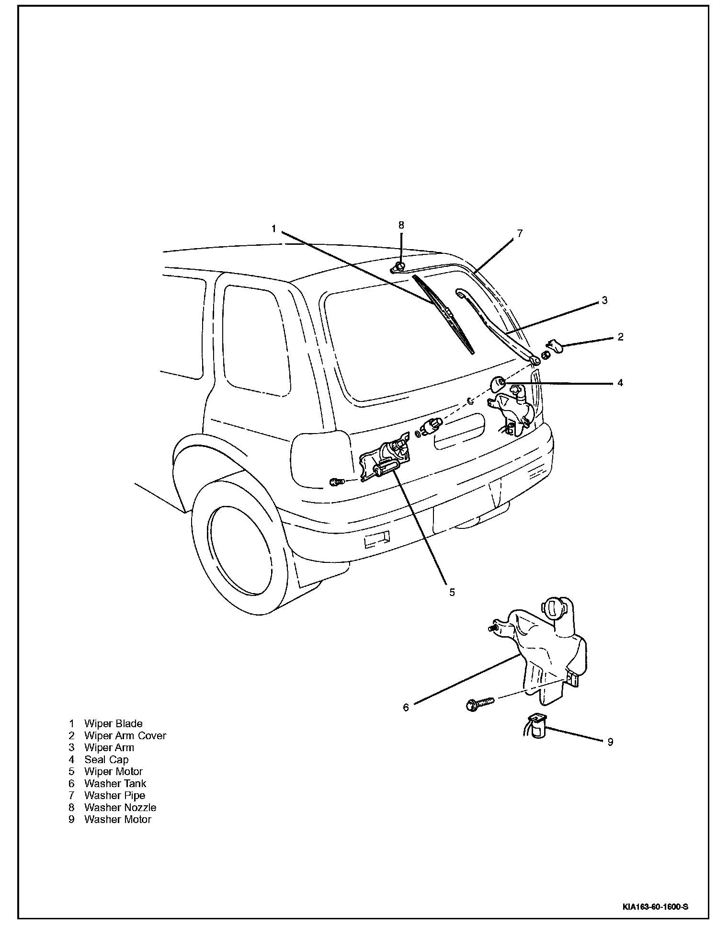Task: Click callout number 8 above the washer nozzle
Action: point(401,225)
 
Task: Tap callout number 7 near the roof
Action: point(520,233)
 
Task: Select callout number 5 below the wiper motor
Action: point(452,592)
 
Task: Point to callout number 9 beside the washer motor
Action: point(610,742)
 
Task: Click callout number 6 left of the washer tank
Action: point(406,707)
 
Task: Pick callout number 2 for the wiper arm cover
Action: point(620,336)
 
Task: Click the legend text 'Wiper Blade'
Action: point(113,723)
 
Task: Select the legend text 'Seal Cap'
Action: point(106,759)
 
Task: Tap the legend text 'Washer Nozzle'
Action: point(120,807)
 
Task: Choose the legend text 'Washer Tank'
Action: point(115,783)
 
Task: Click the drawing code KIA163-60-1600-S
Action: point(656,906)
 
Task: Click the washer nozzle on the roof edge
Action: point(398,267)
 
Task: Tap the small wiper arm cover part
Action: point(555,345)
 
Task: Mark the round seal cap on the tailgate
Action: point(499,383)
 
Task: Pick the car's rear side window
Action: point(256,341)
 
